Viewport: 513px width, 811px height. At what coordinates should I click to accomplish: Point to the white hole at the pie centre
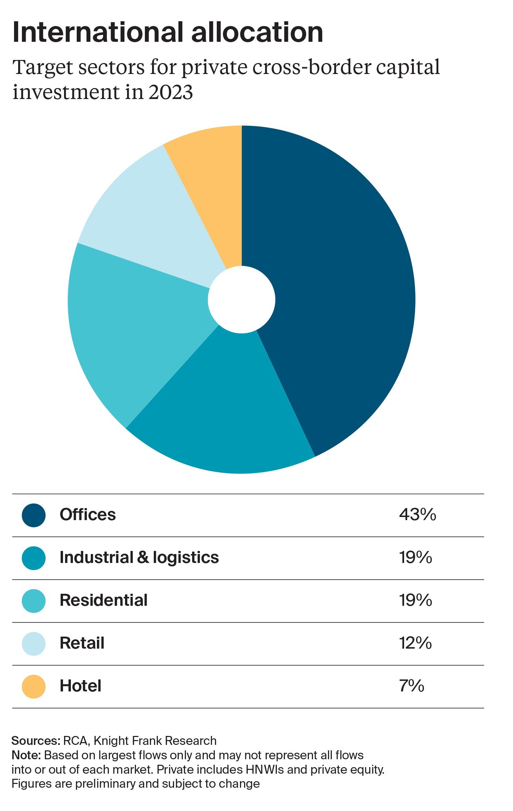[x=241, y=299]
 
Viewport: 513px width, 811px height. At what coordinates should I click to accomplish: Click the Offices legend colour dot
[x=34, y=515]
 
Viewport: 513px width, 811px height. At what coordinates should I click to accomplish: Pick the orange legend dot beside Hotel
[x=34, y=686]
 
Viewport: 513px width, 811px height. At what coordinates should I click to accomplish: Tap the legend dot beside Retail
[x=34, y=643]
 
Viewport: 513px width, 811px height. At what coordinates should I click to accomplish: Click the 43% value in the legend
[x=417, y=515]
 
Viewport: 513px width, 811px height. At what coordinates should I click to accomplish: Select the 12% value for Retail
[x=415, y=643]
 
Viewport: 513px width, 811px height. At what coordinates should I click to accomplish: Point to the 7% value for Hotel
[x=411, y=686]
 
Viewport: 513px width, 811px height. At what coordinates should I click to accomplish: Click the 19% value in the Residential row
[x=415, y=600]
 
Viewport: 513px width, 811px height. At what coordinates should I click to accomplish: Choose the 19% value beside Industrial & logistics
[x=415, y=557]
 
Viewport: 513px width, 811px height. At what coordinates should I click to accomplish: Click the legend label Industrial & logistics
[x=139, y=557]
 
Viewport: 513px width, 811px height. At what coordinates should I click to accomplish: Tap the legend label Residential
[x=103, y=600]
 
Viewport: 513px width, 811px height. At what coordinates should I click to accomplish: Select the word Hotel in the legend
[x=80, y=686]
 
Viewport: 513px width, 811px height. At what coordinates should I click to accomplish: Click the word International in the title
[x=98, y=33]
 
